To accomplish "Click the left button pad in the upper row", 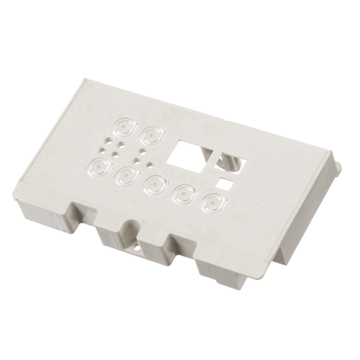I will (123, 130).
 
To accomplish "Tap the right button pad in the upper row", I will (153, 135).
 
